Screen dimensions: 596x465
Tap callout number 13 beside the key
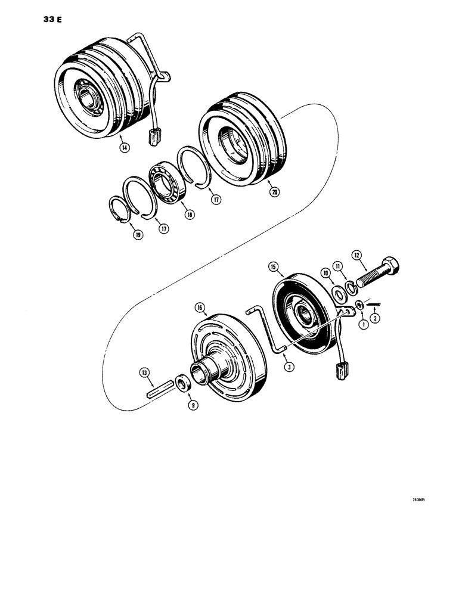pos(144,372)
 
